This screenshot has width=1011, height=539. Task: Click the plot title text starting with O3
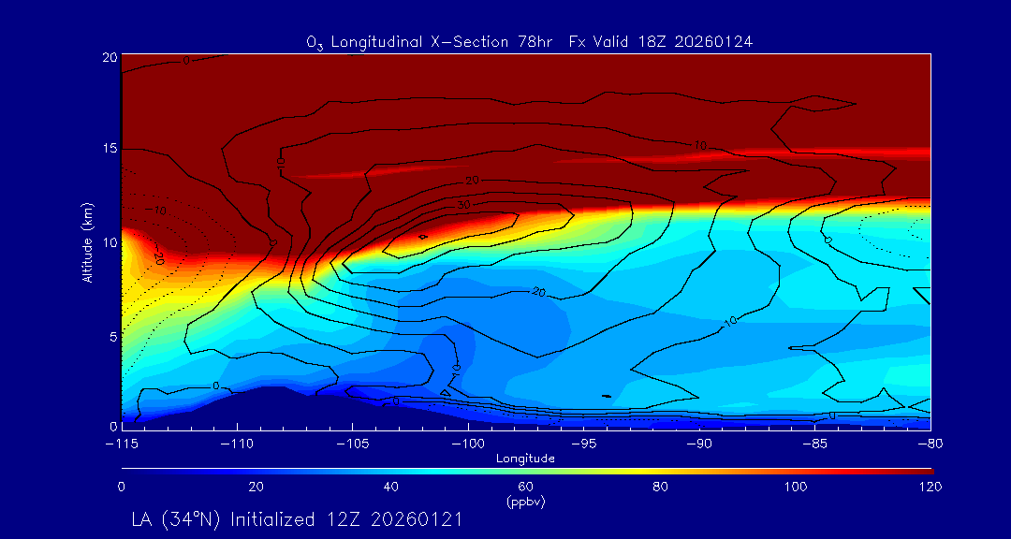tap(530, 41)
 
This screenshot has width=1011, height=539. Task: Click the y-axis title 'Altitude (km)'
tap(87, 242)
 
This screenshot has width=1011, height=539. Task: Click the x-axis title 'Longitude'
tap(526, 459)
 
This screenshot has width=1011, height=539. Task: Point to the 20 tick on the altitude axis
tap(109, 57)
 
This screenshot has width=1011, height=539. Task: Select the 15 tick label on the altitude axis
tap(109, 149)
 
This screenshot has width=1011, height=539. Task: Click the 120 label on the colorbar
tap(931, 487)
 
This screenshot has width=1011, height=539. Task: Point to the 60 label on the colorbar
tap(526, 487)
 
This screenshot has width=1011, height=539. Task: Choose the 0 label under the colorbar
tap(122, 487)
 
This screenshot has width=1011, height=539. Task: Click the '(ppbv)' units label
tap(526, 501)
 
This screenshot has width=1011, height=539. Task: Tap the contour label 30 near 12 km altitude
tap(463, 204)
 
